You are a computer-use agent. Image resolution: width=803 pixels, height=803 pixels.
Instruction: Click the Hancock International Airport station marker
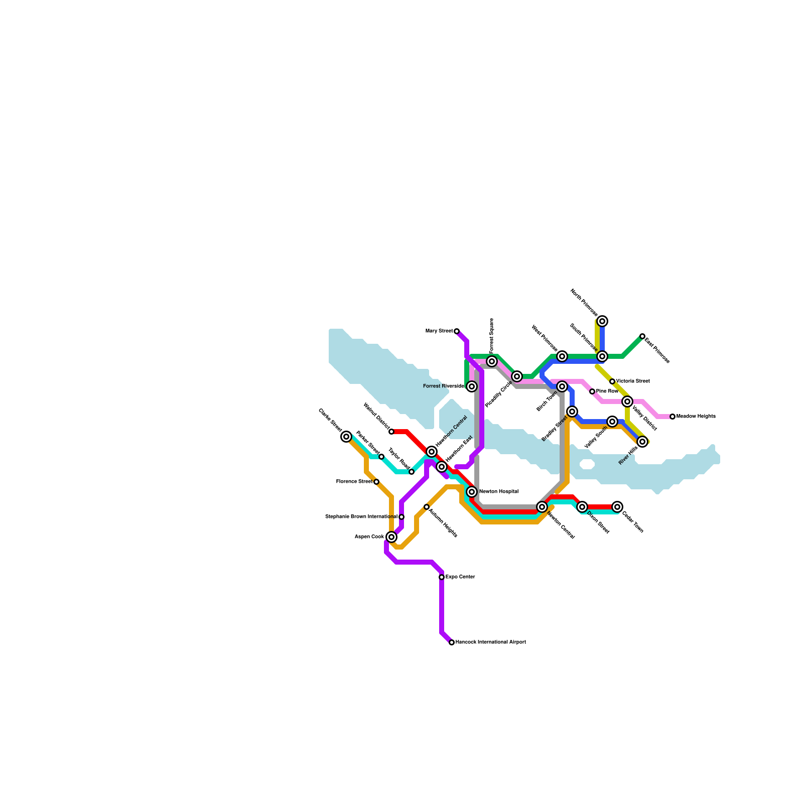tap(452, 642)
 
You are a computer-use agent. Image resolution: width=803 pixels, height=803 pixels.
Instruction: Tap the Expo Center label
tap(460, 577)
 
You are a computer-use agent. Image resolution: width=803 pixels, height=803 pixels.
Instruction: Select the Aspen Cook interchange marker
tap(391, 537)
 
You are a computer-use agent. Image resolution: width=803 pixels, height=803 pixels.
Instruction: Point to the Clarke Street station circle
tap(346, 437)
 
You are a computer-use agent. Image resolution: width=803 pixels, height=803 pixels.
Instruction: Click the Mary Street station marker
tap(457, 331)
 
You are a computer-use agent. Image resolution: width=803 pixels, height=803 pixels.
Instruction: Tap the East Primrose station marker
tap(642, 336)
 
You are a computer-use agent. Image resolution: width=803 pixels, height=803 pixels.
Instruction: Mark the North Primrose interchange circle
tap(602, 321)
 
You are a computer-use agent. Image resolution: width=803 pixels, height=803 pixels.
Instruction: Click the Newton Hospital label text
tap(498, 492)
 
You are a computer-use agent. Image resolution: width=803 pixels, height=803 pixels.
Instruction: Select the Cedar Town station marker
tap(617, 507)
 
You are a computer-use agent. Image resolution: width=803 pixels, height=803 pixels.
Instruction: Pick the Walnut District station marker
tap(391, 432)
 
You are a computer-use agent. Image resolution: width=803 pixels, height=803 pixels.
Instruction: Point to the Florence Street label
tap(354, 482)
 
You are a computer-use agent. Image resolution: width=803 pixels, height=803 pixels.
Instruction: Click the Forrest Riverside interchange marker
tap(472, 386)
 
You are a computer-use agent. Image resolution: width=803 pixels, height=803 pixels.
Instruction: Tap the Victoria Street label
tap(633, 381)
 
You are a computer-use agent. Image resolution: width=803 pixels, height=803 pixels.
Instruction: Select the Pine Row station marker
tap(592, 391)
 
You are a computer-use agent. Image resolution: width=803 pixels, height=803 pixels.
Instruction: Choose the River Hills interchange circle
tap(642, 442)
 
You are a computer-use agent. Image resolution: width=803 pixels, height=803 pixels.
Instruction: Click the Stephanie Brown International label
tap(361, 517)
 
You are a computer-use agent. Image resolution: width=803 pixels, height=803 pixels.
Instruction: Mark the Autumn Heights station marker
tap(427, 507)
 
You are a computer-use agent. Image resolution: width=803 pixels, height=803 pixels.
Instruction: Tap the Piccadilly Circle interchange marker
tap(517, 376)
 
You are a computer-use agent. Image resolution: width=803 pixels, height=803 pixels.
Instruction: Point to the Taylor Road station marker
tap(412, 472)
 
